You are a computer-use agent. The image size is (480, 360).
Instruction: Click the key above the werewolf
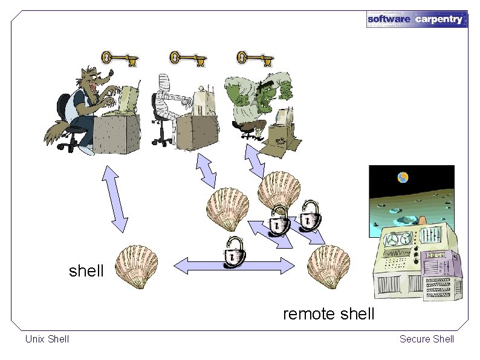click(x=119, y=59)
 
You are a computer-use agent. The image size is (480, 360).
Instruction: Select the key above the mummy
click(x=187, y=59)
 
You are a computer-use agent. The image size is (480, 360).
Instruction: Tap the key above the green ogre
click(x=254, y=59)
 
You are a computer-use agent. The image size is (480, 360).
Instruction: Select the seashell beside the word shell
click(x=137, y=267)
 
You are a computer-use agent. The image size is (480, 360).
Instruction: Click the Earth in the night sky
click(x=403, y=177)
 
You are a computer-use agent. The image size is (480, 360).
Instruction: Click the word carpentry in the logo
click(x=439, y=19)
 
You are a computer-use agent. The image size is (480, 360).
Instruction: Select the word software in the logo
click(x=389, y=19)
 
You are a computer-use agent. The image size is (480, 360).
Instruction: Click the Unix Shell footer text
click(x=47, y=339)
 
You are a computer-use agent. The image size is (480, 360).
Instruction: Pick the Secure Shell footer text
click(x=426, y=339)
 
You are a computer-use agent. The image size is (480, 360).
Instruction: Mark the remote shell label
click(x=328, y=314)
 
